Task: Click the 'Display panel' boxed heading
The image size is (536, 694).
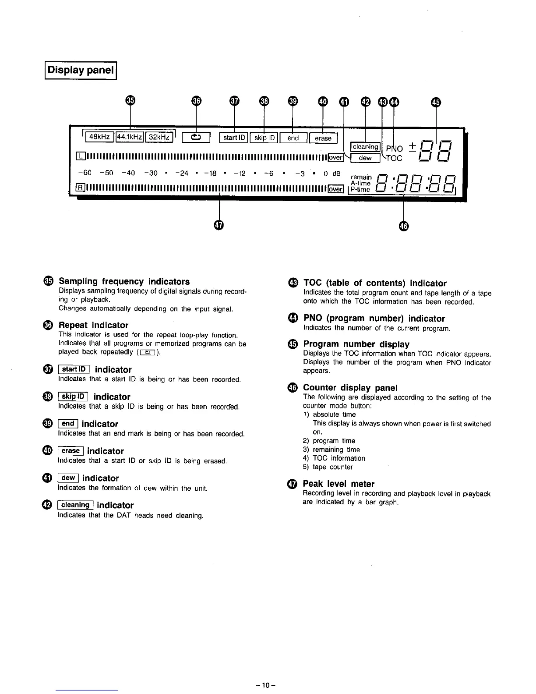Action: coord(81,70)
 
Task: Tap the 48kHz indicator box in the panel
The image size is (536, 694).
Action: coord(99,138)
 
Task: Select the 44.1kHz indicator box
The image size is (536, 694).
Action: coord(129,138)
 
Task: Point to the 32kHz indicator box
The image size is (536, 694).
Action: coord(159,138)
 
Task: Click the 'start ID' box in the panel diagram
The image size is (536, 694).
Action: coord(233,138)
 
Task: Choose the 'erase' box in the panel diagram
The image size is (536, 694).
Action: coord(323,138)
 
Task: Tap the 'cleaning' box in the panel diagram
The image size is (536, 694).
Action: coord(365,147)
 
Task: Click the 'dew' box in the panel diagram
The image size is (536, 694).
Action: coord(365,158)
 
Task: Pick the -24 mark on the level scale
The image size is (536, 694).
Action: coord(182,173)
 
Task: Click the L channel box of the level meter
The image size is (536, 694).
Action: coord(80,157)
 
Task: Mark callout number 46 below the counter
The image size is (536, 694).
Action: coord(403,226)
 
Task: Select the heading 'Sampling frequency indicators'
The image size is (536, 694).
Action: coord(124,281)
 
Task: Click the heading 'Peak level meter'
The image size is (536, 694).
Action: coord(339,484)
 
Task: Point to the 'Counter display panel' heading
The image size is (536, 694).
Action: coord(350,387)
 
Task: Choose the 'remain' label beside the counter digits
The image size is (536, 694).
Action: coord(361,177)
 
